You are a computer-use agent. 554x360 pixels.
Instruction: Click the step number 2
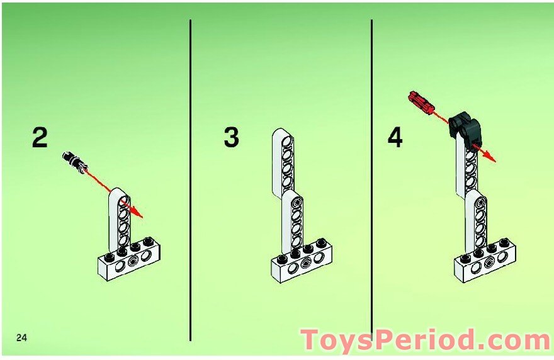point(40,137)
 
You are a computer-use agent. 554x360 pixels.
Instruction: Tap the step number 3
point(232,137)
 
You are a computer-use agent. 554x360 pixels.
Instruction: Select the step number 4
point(395,137)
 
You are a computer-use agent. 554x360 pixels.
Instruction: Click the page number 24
point(21,338)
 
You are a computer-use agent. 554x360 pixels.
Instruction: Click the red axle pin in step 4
point(421,103)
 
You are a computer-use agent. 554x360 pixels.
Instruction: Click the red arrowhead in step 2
point(137,212)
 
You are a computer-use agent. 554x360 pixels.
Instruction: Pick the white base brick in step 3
point(302,261)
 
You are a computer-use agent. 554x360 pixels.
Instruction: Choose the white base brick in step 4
point(485,261)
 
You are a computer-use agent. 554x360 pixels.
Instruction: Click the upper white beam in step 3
point(283,162)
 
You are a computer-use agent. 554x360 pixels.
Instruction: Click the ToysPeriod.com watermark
point(426,340)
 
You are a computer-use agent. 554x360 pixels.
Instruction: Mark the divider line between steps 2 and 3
point(190,180)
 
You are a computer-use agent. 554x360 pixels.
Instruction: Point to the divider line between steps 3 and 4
point(371,180)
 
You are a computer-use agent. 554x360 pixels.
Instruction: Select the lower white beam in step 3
point(293,221)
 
